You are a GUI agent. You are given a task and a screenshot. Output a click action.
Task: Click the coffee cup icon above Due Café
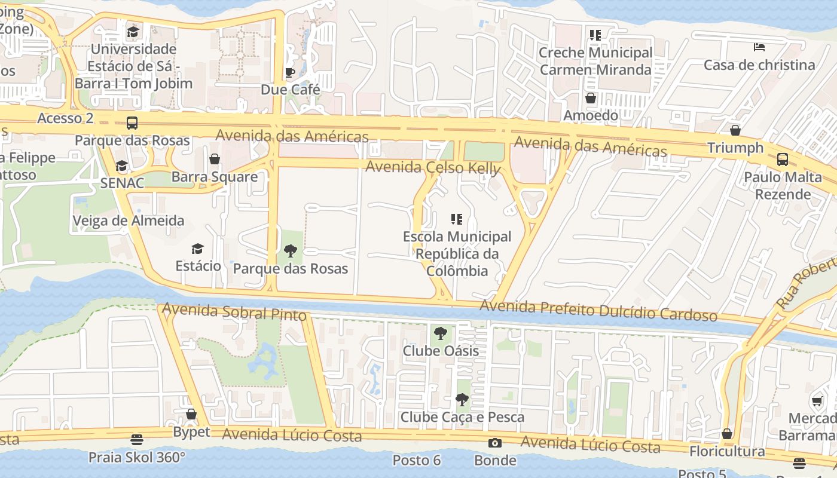pyautogui.click(x=290, y=73)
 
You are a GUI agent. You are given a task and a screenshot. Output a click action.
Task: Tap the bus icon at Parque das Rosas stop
pyautogui.click(x=132, y=123)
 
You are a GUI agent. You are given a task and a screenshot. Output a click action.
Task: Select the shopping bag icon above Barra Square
pyautogui.click(x=214, y=159)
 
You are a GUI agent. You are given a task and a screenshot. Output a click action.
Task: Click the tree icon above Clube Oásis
pyautogui.click(x=441, y=333)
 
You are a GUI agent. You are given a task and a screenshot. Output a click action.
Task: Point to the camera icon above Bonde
pyautogui.click(x=494, y=443)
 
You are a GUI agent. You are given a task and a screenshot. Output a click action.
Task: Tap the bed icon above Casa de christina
pyautogui.click(x=759, y=47)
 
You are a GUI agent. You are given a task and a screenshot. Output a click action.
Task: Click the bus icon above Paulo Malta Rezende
pyautogui.click(x=782, y=160)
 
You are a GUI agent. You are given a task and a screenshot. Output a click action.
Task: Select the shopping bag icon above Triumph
pyautogui.click(x=735, y=130)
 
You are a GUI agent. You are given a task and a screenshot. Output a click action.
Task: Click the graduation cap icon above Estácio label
pyautogui.click(x=198, y=249)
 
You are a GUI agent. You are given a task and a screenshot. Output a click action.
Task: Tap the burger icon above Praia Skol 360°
pyautogui.click(x=137, y=440)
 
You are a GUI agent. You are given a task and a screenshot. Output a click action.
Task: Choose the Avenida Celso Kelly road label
pyautogui.click(x=433, y=168)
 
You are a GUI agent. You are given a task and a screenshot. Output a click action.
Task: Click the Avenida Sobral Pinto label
pyautogui.click(x=234, y=312)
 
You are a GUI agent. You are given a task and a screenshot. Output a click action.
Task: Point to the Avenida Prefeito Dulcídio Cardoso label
pyautogui.click(x=598, y=311)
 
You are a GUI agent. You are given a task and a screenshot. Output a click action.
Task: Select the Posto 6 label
pyautogui.click(x=417, y=460)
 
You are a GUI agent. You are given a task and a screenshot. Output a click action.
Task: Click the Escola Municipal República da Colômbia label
pyautogui.click(x=457, y=254)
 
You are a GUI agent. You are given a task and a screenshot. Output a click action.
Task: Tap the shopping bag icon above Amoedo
pyautogui.click(x=591, y=98)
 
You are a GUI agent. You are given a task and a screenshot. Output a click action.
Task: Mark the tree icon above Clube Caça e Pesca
pyautogui.click(x=462, y=399)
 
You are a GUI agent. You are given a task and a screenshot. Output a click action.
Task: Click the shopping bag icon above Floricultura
pyautogui.click(x=727, y=434)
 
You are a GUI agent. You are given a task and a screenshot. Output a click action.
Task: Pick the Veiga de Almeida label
pyautogui.click(x=129, y=220)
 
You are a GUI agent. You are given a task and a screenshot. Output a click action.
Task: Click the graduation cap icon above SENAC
pyautogui.click(x=122, y=166)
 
